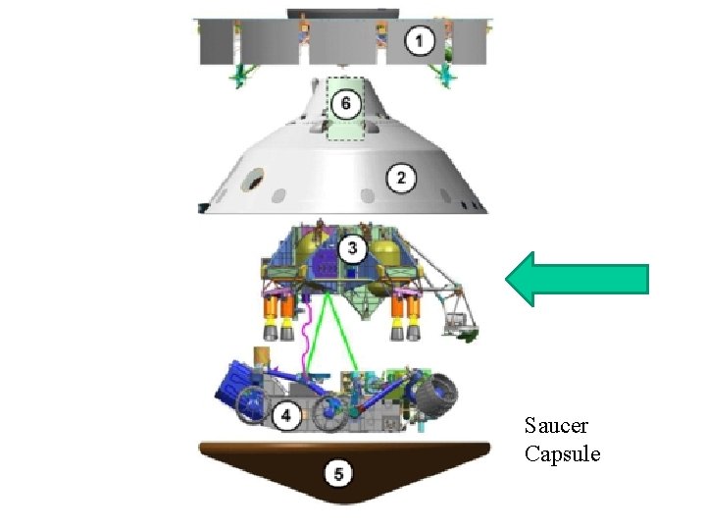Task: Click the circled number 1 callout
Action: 420,41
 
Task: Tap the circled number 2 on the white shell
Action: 400,179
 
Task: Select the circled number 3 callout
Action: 353,249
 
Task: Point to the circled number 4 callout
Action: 285,416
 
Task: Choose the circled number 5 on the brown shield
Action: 338,475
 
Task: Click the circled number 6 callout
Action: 345,102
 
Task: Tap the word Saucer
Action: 556,426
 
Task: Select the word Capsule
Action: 562,453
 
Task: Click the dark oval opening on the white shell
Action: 253,179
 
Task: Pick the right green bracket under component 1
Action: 446,75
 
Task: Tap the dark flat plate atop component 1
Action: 343,14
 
